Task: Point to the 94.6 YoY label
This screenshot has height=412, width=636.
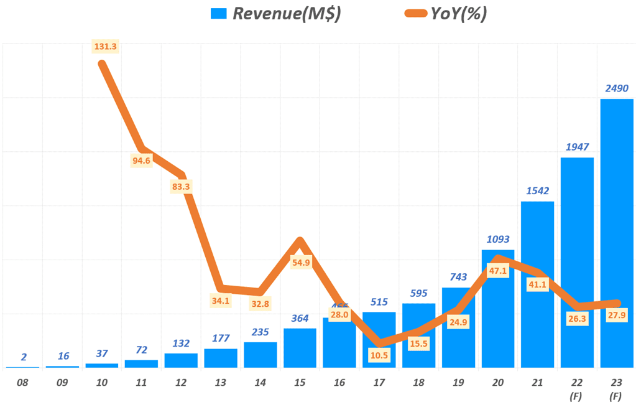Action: click(141, 161)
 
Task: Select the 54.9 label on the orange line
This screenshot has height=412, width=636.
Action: click(301, 263)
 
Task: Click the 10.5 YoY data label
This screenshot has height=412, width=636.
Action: click(378, 355)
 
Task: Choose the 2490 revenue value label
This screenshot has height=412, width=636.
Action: click(617, 88)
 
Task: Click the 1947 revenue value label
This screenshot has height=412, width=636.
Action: click(577, 147)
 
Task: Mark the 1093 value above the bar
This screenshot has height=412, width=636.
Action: click(497, 239)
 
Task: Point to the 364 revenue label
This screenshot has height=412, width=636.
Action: click(300, 319)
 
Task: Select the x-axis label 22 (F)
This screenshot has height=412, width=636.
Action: click(577, 390)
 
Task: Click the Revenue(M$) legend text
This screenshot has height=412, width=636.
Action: click(286, 14)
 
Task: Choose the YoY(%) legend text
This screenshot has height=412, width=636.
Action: click(458, 14)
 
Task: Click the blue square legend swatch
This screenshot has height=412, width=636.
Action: click(219, 14)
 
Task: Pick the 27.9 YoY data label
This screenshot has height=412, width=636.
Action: click(616, 315)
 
